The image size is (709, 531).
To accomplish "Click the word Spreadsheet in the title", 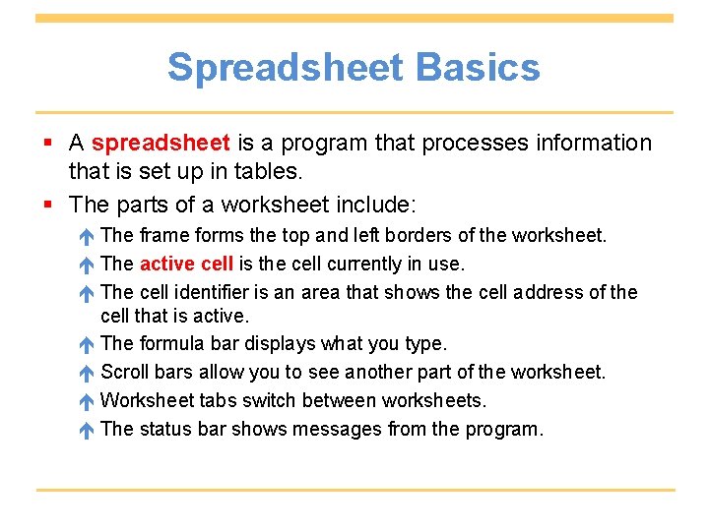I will coord(285,68).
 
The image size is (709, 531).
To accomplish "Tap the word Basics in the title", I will coord(478,68).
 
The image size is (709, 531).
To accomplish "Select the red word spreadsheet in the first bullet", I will coord(161,144).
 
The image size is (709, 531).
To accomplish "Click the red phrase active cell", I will coord(187,264).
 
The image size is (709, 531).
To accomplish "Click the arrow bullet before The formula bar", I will coord(87,344).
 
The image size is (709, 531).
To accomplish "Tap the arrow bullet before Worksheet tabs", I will coord(87,401).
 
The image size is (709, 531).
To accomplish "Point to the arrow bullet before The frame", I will coord(87,236).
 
